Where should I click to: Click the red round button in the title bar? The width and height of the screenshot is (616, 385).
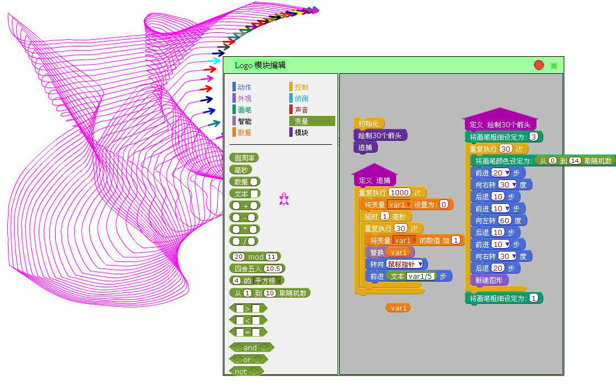point(539,65)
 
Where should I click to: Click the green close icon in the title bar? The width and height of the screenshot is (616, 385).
point(554,65)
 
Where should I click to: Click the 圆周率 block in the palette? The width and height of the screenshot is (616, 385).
point(244,158)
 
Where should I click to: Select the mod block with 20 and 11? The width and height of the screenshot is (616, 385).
point(255,257)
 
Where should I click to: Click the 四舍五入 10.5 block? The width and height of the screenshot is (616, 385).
point(257,269)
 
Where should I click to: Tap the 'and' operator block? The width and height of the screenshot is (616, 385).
point(251,348)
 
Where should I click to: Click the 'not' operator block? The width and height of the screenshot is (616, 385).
point(246,371)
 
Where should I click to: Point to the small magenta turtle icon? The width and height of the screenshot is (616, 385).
point(284,199)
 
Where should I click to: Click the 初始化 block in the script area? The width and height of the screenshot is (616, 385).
point(368,123)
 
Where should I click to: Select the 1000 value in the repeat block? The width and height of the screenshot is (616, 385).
point(399,192)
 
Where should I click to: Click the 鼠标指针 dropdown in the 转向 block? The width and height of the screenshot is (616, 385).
point(405,264)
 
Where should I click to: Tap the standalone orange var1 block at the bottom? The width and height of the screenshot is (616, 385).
point(398,308)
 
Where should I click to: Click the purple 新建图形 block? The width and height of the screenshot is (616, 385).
point(489,280)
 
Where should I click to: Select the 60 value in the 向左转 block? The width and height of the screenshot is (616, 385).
point(505,220)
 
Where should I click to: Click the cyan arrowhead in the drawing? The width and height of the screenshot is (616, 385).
point(214,60)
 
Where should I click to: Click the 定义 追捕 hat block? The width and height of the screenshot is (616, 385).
point(374,176)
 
